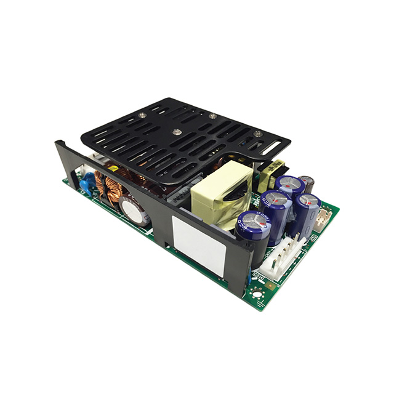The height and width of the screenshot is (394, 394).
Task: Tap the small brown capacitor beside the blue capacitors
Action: pyautogui.click(x=307, y=183)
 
